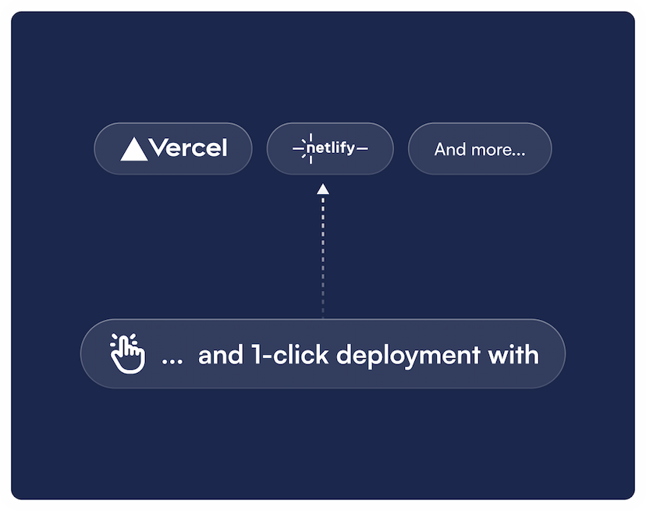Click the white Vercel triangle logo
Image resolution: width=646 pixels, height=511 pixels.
(x=134, y=149)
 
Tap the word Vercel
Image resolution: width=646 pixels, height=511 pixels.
(x=188, y=147)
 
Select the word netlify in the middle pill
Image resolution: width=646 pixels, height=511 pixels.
(x=331, y=147)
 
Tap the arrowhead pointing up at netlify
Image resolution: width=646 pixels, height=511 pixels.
(x=323, y=189)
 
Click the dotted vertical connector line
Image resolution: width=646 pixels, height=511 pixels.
(x=323, y=257)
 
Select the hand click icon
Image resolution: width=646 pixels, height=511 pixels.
(x=127, y=353)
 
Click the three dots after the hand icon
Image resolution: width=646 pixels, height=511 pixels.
(x=172, y=362)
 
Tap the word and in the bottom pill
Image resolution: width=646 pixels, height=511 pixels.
(x=221, y=355)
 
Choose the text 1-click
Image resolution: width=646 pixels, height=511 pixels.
(x=290, y=354)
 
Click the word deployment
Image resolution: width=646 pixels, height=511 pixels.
(x=409, y=356)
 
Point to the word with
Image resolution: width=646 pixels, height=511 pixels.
(x=513, y=354)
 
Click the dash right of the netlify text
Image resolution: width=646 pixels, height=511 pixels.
(x=362, y=148)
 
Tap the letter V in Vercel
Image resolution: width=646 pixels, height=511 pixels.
(x=158, y=147)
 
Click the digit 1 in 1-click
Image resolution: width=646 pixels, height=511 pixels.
(x=256, y=354)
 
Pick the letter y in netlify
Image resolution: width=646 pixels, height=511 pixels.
(x=350, y=150)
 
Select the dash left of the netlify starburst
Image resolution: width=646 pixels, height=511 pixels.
(x=298, y=148)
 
